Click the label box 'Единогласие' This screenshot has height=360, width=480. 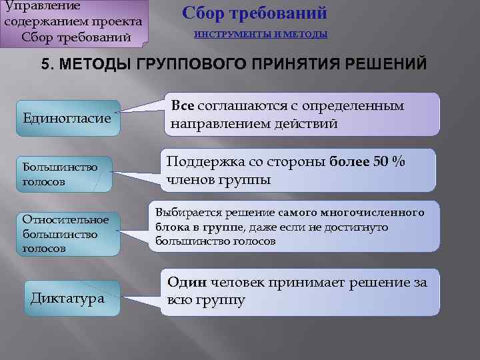point(67,118)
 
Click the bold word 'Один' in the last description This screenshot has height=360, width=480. point(185,282)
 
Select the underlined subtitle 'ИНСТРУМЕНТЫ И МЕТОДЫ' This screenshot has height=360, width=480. point(261,34)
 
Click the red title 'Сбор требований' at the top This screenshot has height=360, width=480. point(254,13)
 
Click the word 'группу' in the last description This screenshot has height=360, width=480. point(217,300)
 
